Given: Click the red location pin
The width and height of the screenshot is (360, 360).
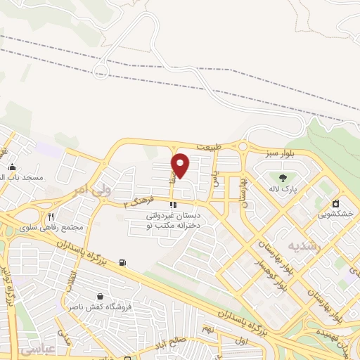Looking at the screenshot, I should coord(181,165).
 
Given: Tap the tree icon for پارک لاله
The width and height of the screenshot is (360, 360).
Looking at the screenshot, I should coord(283,177).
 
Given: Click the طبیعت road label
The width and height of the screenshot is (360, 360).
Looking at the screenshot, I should coord(210,147).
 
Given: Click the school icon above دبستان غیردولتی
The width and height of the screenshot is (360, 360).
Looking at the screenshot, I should coord(172,205).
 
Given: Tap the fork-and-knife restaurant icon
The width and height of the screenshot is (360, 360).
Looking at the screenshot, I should coord(51,217).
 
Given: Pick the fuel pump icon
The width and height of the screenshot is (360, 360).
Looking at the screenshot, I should coord(124,263).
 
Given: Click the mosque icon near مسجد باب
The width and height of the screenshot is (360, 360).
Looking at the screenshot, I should coord(13,167).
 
